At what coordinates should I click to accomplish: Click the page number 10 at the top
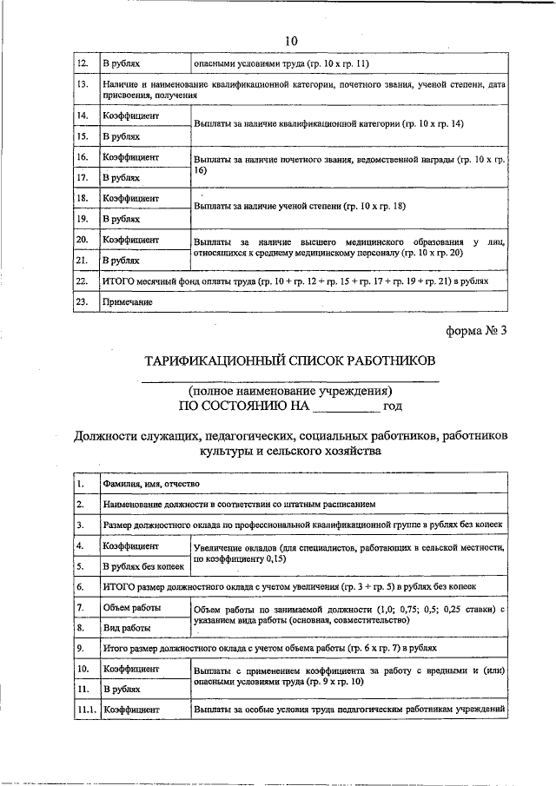point(290,41)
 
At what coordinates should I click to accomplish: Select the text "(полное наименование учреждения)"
point(290,390)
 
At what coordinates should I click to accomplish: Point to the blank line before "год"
point(346,406)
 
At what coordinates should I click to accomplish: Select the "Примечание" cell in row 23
point(127,302)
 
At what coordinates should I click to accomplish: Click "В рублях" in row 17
point(121,177)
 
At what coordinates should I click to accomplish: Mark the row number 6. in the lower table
point(81,586)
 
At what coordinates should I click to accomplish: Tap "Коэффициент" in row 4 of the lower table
point(130,546)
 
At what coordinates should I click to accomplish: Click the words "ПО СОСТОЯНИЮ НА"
point(243,406)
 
